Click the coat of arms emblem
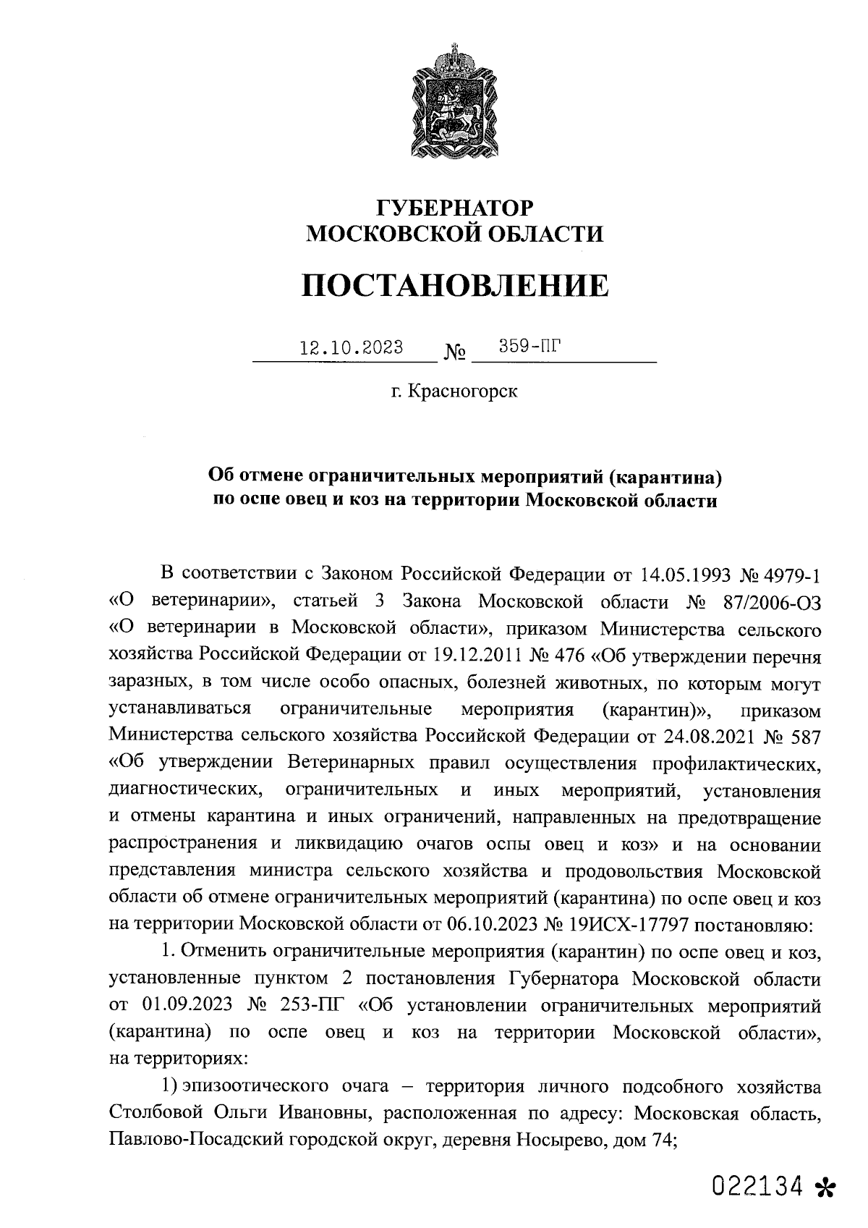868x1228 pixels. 455,104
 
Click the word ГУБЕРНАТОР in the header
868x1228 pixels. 455,208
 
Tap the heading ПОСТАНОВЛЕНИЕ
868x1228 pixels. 455,287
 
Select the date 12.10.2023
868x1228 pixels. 352,347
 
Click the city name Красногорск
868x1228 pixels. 463,392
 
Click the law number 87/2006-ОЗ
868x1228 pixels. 767,601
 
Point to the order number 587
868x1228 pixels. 803,736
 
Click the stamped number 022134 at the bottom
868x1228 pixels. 757,1185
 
